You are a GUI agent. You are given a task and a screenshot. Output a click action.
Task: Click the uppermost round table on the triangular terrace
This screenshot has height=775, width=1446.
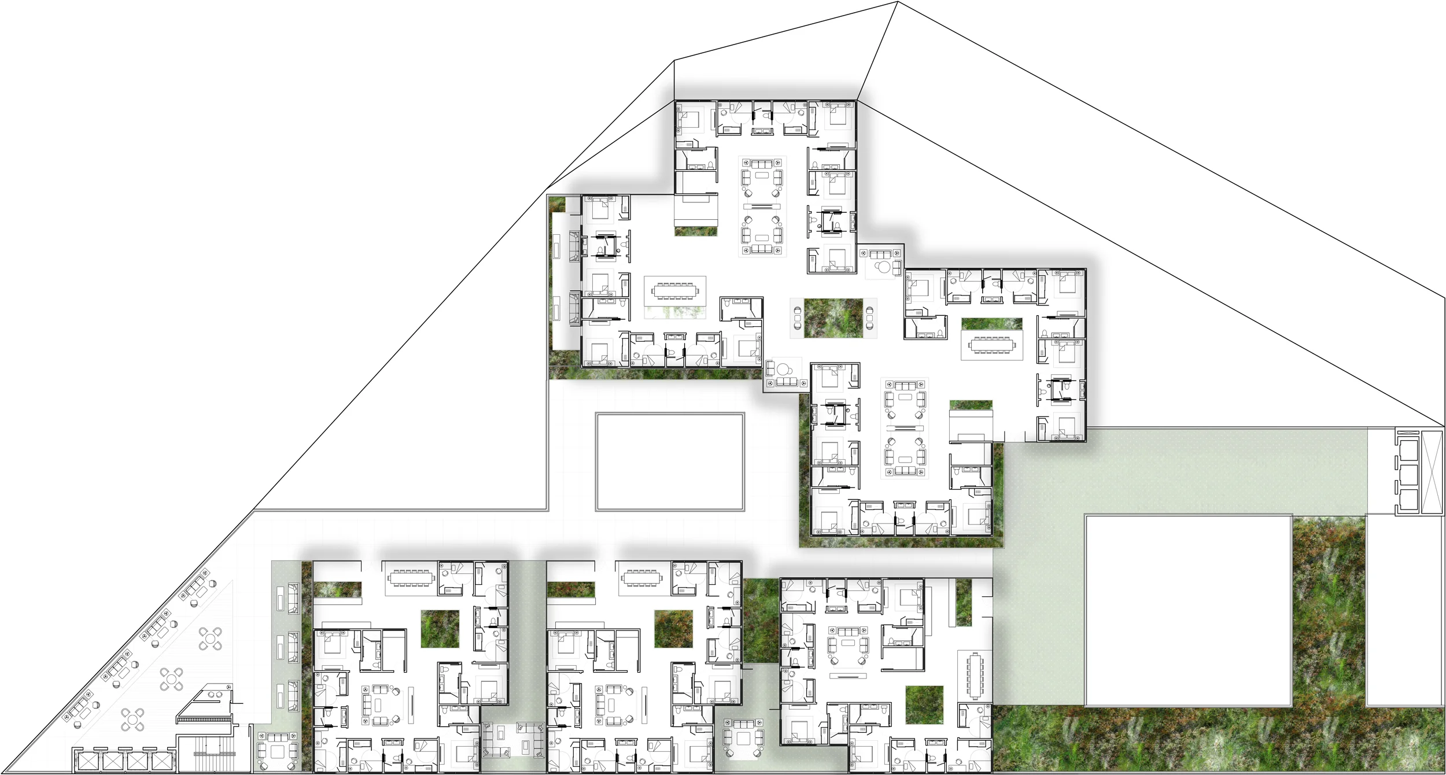[210, 639]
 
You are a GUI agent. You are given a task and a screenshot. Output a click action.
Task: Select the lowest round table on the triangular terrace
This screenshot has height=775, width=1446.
[132, 720]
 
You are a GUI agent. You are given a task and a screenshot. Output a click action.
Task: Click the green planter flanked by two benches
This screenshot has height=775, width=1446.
[833, 318]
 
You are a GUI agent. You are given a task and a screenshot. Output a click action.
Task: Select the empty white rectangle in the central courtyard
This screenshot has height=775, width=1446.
[670, 462]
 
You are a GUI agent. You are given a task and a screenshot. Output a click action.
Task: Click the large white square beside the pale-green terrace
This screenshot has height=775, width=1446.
[1188, 610]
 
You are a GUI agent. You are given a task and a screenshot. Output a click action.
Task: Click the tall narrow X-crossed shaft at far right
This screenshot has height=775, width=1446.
[1432, 471]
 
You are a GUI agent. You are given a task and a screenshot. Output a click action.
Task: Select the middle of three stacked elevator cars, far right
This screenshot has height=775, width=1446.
[1408, 475]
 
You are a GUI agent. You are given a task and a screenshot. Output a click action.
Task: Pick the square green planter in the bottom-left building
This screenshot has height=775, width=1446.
[440, 629]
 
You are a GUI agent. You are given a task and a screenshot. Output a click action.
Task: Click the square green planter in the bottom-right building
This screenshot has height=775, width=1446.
[924, 704]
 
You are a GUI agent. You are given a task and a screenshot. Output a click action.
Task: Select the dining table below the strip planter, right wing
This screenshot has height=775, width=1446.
[992, 345]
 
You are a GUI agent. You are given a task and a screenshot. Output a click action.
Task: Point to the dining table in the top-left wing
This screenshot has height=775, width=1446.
[674, 290]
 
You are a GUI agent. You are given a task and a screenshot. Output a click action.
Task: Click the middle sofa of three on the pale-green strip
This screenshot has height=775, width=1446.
[293, 647]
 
